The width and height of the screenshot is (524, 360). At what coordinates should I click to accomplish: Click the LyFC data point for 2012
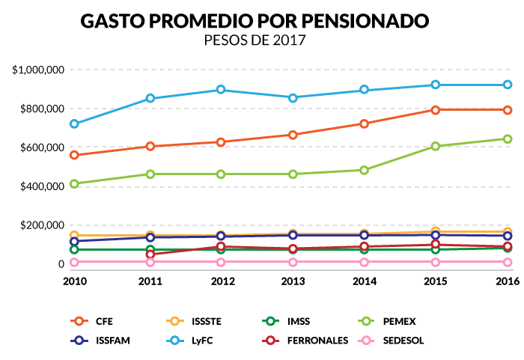pos(221,90)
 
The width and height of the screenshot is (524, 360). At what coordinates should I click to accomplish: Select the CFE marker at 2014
pos(364,123)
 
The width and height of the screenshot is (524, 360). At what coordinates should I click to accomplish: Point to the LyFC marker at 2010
pos(74,123)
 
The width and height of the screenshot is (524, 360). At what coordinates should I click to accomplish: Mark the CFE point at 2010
pos(74,155)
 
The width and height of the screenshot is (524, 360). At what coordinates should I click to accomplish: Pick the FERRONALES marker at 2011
pos(150,254)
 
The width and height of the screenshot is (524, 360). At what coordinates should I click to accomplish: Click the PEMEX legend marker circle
pos(367,322)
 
